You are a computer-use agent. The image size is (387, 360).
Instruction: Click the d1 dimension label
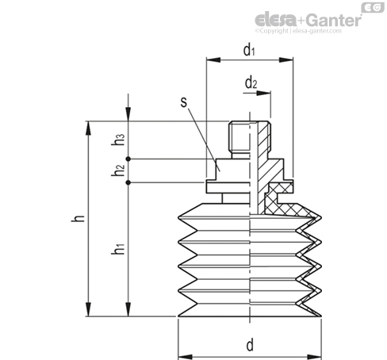pos(249,50)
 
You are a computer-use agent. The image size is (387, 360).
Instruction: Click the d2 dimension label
pos(251,83)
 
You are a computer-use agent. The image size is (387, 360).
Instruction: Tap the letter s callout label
pos(184,102)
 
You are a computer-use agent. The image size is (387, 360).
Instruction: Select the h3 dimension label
pos(117,140)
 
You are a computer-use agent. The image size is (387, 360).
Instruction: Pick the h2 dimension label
pos(117,170)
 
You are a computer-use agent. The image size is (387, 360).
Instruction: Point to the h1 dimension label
pos(117,249)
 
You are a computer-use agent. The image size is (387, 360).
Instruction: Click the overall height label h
pos(78,218)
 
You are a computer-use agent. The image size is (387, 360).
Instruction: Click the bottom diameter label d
pos(250,345)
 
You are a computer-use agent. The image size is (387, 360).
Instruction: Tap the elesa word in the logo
pos(275,20)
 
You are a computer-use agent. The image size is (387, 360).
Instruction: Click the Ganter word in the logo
pos(335,20)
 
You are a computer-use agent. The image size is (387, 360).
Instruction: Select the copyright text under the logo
pos(298,31)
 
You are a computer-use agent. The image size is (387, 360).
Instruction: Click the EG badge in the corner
pos(373,7)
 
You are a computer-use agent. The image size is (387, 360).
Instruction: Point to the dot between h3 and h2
pos(128,159)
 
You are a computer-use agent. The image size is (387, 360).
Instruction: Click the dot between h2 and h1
pos(128,182)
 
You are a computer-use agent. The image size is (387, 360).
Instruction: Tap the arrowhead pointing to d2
pos(263,93)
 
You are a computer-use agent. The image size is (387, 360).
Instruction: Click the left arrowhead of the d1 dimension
pos(213,60)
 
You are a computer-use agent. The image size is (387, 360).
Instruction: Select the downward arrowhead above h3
pos(128,114)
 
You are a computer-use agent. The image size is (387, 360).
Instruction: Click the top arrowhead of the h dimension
pos(88,128)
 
